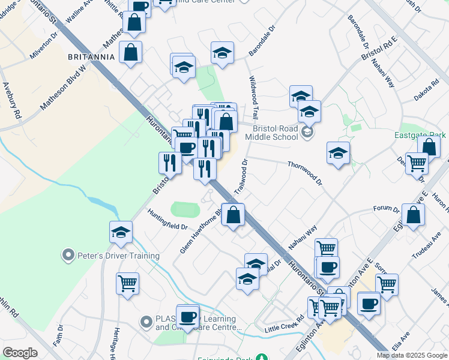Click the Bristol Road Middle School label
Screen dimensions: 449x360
click(275, 133)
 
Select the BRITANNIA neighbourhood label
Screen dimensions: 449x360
click(91, 56)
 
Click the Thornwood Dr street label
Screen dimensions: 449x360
click(304, 172)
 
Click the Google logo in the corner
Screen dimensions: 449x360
click(20, 353)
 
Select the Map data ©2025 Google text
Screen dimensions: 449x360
click(412, 355)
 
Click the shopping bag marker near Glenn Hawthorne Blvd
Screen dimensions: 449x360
click(234, 215)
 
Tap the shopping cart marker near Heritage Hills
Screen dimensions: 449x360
click(127, 283)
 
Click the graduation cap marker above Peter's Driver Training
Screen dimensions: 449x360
click(121, 232)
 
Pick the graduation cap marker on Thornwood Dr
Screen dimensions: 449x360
click(338, 152)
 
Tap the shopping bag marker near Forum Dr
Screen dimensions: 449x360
click(414, 215)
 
